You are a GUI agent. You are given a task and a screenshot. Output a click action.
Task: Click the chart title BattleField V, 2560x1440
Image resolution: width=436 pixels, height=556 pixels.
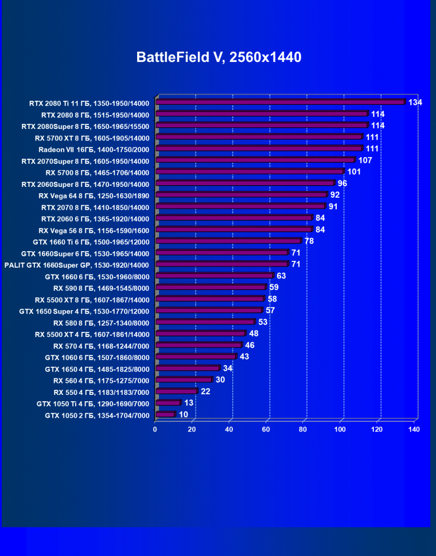[x=219, y=57]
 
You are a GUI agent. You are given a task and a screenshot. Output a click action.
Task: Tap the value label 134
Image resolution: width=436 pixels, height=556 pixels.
[x=415, y=102]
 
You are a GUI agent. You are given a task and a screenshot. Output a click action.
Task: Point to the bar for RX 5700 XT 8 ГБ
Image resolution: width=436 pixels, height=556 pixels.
[x=259, y=137]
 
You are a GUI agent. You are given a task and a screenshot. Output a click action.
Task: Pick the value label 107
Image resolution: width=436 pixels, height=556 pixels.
[x=365, y=160]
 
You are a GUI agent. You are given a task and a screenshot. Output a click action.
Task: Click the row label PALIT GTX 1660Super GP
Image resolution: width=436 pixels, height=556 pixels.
[x=76, y=265]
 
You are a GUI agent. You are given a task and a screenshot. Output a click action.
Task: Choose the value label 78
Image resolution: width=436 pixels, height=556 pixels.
[x=309, y=241]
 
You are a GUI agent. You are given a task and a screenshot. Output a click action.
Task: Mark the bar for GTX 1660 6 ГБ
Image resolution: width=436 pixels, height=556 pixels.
[x=213, y=276]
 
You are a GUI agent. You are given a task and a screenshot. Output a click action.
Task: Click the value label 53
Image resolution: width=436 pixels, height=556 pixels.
[x=263, y=322]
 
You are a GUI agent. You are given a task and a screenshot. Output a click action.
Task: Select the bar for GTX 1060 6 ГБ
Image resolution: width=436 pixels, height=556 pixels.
[x=195, y=357]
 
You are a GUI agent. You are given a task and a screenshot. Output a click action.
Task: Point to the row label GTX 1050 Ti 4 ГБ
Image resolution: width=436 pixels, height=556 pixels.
[x=93, y=404]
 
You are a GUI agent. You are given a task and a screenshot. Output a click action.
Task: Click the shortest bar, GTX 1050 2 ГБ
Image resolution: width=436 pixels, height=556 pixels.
[x=165, y=414]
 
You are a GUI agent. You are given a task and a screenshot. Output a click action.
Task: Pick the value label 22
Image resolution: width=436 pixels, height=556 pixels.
[x=205, y=391]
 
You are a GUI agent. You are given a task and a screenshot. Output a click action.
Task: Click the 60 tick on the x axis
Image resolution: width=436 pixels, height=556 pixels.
[x=266, y=429]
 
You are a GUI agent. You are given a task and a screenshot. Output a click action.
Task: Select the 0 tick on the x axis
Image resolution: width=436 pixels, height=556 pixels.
[x=155, y=429]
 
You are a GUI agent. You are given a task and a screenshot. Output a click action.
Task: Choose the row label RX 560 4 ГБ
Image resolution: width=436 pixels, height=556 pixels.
[x=101, y=381]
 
